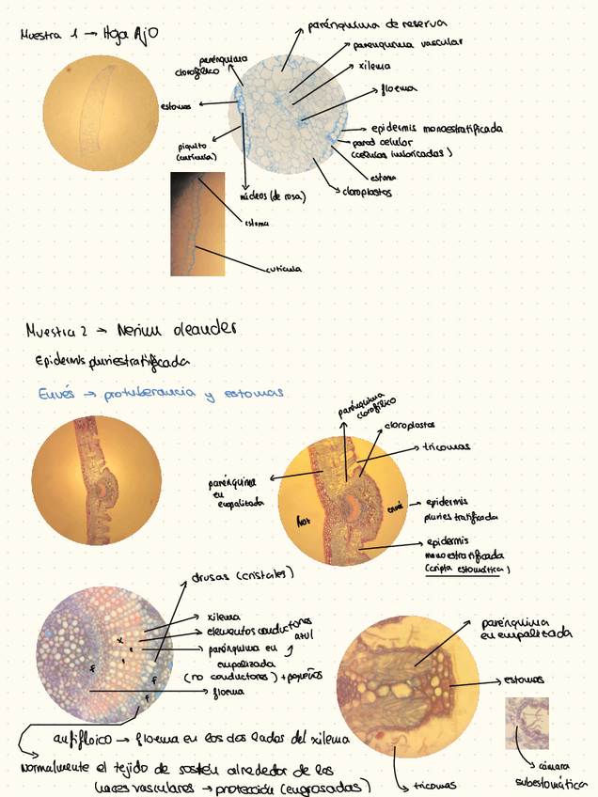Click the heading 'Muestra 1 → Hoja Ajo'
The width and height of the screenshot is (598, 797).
89,35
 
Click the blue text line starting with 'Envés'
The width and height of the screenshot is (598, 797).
159,393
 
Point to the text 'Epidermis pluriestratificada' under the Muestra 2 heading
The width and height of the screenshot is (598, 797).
111,361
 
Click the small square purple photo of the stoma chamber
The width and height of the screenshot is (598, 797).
527,723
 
